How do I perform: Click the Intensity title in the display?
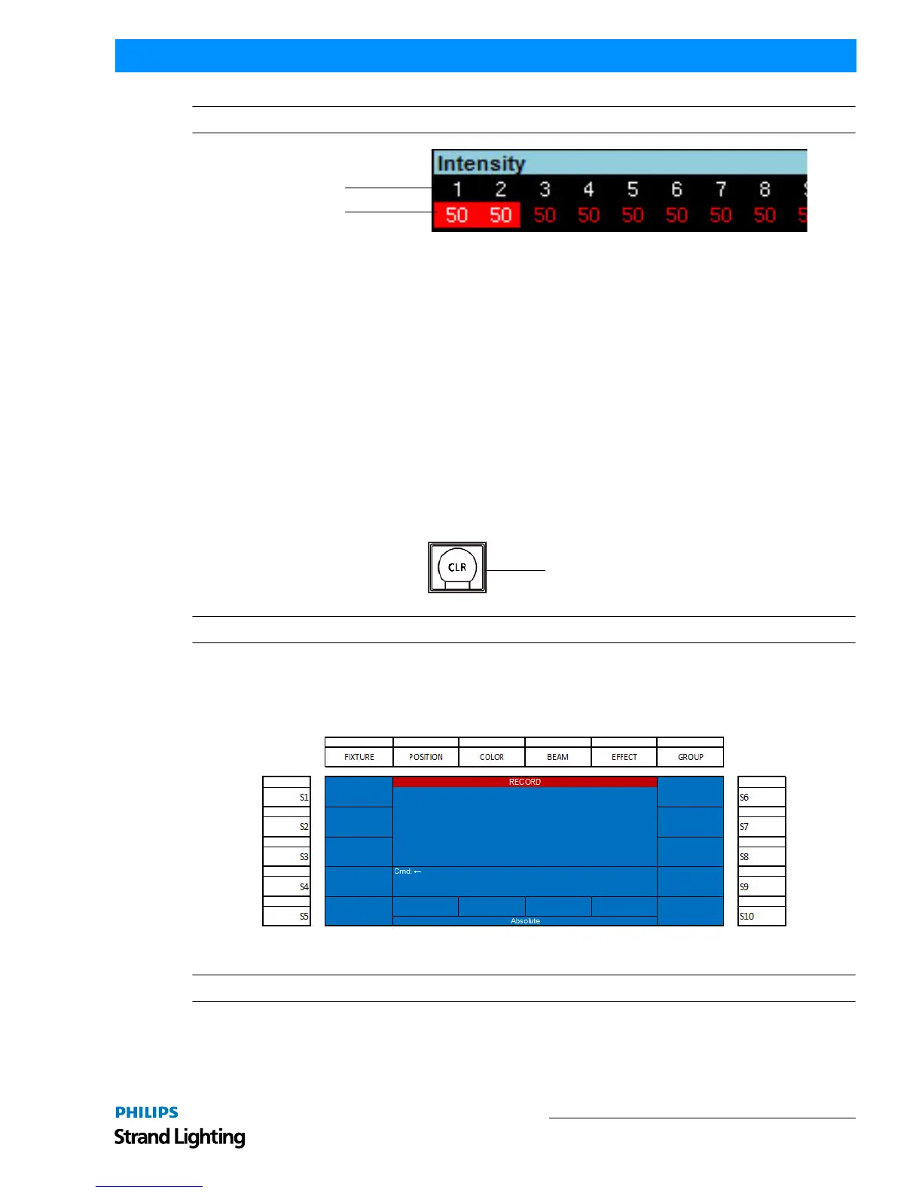(481, 163)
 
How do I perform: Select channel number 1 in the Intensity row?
(457, 189)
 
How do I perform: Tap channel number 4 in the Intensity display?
(588, 189)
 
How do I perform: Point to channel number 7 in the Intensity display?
(720, 189)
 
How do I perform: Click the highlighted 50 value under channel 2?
(501, 215)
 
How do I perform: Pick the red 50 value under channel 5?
(633, 215)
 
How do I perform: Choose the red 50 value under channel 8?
(765, 215)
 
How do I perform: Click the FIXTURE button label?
(359, 757)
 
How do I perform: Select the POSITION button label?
(426, 757)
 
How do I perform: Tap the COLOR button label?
(491, 757)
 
